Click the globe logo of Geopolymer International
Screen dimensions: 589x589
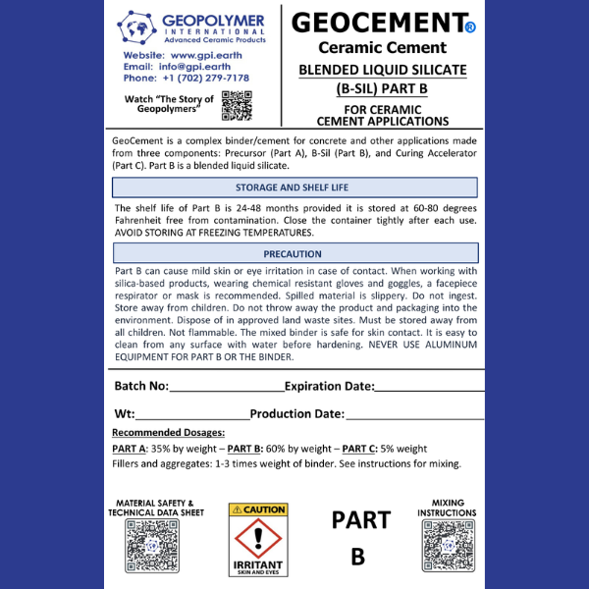pos(139,26)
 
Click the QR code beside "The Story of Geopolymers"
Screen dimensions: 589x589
pos(237,104)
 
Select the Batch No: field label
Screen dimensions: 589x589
pos(141,386)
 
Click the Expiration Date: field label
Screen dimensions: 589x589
pos(329,386)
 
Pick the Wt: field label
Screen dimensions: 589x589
pos(125,414)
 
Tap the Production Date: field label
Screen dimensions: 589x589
pos(297,414)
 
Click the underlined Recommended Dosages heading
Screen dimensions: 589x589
pos(169,433)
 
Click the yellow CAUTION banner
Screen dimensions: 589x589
pos(258,509)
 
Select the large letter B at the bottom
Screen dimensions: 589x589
pos(358,557)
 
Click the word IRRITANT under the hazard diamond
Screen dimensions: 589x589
pos(258,565)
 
